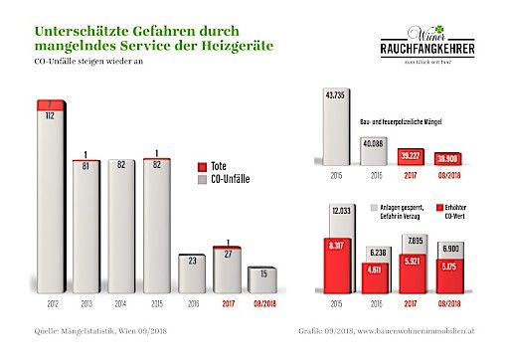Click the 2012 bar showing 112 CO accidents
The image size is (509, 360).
(x=51, y=199)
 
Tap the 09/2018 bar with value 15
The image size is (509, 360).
(x=261, y=278)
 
